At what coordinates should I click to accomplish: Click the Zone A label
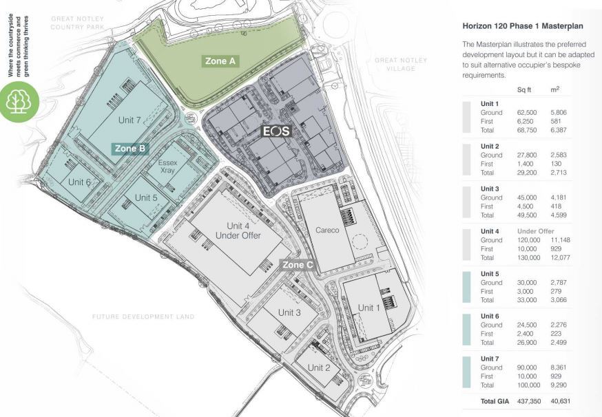coord(221,61)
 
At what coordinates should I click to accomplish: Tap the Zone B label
coord(130,149)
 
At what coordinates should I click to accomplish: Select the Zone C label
coord(298,265)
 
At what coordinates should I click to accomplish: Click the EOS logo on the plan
coord(276,131)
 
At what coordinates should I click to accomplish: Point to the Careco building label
coord(327,230)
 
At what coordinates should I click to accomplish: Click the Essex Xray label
coord(167,166)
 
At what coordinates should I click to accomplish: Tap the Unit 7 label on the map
coord(129,120)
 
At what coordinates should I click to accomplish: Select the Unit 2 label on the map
coord(319,367)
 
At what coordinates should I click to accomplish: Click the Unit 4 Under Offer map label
coord(238,231)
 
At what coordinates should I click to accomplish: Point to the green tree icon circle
coord(19,102)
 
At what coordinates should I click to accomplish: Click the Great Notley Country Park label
coord(78,23)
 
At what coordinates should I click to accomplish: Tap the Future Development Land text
coord(143,317)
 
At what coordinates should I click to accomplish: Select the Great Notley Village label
coord(401,64)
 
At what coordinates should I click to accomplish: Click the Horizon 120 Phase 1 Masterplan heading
coord(523,26)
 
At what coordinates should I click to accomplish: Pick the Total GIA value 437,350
coord(529,401)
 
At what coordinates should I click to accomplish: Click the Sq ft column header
coord(524,89)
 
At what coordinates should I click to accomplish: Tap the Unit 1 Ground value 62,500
coord(527,112)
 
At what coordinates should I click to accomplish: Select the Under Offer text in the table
coord(536,231)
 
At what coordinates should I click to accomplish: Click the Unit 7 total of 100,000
coord(529,385)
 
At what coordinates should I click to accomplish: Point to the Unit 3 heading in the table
coord(490,189)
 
